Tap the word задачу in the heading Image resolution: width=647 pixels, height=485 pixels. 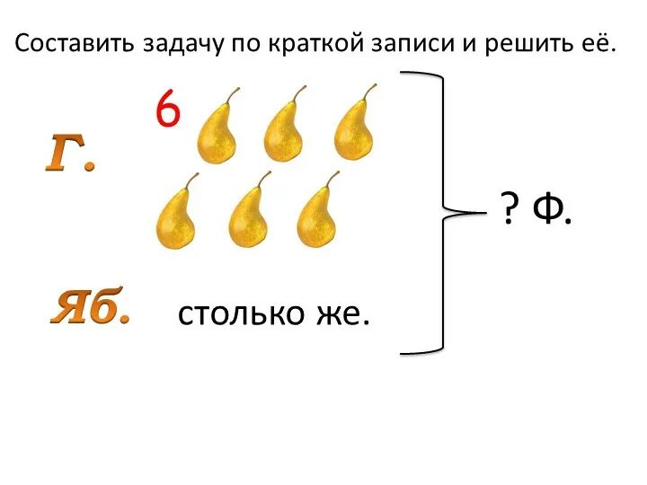(183, 44)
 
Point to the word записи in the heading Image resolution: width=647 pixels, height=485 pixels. (415, 44)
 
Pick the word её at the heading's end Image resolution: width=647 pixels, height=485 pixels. (599, 44)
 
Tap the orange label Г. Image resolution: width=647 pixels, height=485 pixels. (70, 156)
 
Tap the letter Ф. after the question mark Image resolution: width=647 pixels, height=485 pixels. (551, 213)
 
